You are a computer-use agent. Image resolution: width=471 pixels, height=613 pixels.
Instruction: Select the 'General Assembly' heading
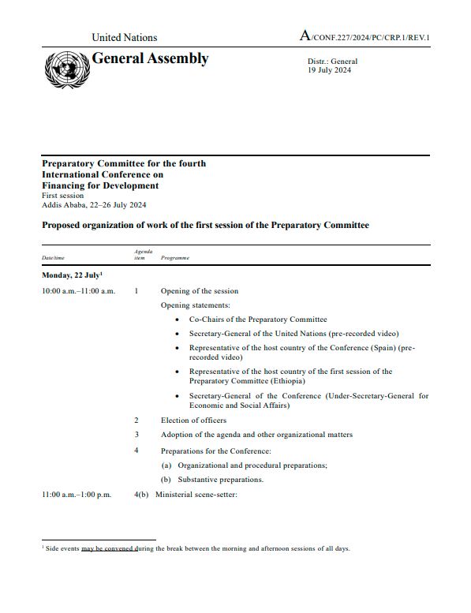(151, 59)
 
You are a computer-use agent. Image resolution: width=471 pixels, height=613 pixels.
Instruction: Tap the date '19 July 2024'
(330, 70)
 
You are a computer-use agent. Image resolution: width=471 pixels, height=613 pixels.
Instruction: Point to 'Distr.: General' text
(332, 62)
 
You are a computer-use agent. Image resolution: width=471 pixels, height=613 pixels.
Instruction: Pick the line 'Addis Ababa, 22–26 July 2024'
(94, 205)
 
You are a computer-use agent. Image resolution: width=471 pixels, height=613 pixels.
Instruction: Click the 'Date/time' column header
(54, 258)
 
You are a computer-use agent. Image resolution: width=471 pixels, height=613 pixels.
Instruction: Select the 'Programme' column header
(174, 258)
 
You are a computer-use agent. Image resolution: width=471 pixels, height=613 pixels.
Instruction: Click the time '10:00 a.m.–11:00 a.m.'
(78, 291)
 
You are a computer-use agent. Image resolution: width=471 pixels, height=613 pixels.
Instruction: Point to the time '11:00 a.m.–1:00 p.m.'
(77, 495)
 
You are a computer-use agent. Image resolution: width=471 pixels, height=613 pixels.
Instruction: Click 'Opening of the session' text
(200, 291)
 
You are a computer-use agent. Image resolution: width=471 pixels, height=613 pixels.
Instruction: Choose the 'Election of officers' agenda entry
(193, 421)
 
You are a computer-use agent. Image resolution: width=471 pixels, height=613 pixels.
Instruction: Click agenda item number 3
(136, 435)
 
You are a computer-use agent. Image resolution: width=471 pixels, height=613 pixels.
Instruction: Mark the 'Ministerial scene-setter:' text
(196, 495)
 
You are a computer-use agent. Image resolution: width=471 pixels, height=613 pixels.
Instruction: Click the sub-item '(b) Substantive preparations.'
(211, 479)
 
